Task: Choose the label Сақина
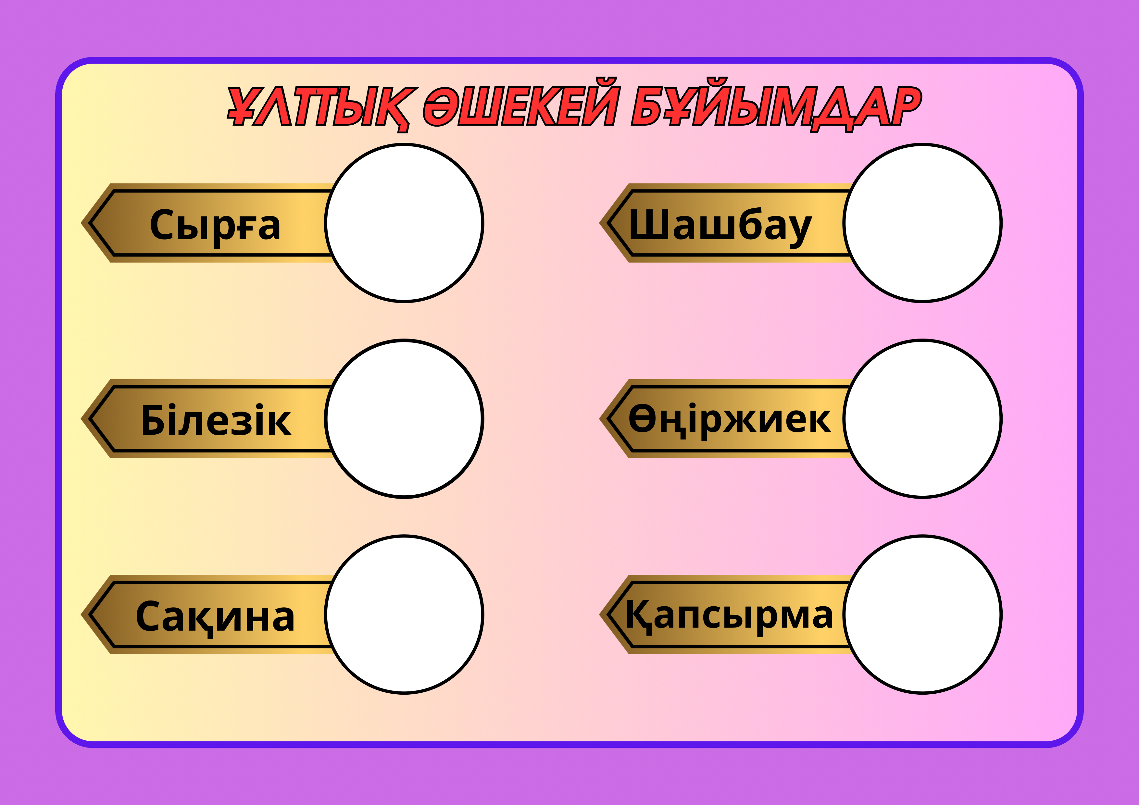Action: (x=215, y=616)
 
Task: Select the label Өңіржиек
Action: (x=729, y=421)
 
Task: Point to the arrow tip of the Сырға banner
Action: (x=81, y=223)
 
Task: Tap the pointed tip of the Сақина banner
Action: (x=81, y=614)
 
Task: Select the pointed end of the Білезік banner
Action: (x=81, y=419)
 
